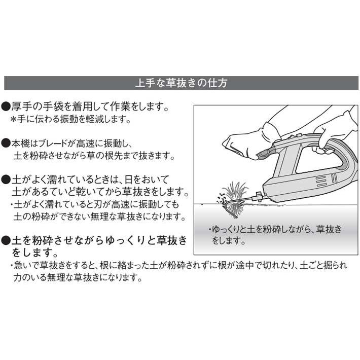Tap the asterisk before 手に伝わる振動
coord(15,120)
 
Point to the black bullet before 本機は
coord(6,143)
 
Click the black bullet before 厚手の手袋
coord(6,107)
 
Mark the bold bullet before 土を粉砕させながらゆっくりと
coord(7,238)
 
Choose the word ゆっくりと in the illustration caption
coord(233,229)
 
